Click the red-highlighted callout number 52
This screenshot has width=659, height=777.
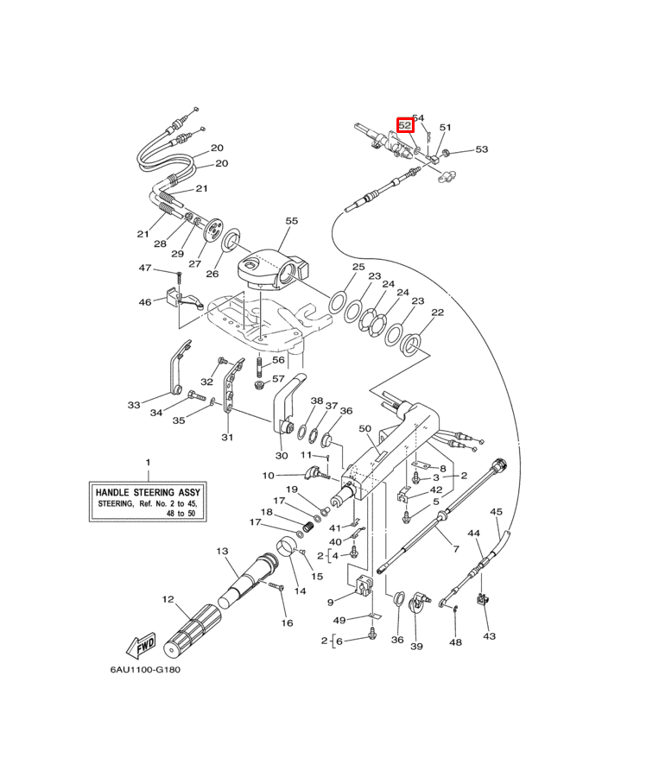pyautogui.click(x=404, y=125)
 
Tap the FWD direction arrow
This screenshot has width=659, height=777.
pyautogui.click(x=140, y=645)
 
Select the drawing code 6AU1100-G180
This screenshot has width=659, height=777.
pyautogui.click(x=145, y=669)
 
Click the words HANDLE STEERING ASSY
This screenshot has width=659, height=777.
pyautogui.click(x=147, y=490)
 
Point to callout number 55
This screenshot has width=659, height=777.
pyautogui.click(x=291, y=221)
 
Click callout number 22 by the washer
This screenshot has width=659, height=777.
pyautogui.click(x=438, y=313)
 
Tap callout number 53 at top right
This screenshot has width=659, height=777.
pyautogui.click(x=481, y=149)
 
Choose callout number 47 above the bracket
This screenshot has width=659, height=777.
pyautogui.click(x=145, y=268)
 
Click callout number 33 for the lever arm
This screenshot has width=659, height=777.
pyautogui.click(x=133, y=404)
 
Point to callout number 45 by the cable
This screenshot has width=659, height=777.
pyautogui.click(x=496, y=512)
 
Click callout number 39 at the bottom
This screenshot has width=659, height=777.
pyautogui.click(x=416, y=646)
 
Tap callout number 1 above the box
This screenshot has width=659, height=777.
pyautogui.click(x=147, y=464)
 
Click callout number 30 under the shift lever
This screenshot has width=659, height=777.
pyautogui.click(x=281, y=455)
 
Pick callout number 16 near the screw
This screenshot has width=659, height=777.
pyautogui.click(x=287, y=622)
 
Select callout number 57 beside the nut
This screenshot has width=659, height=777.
pyautogui.click(x=277, y=378)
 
